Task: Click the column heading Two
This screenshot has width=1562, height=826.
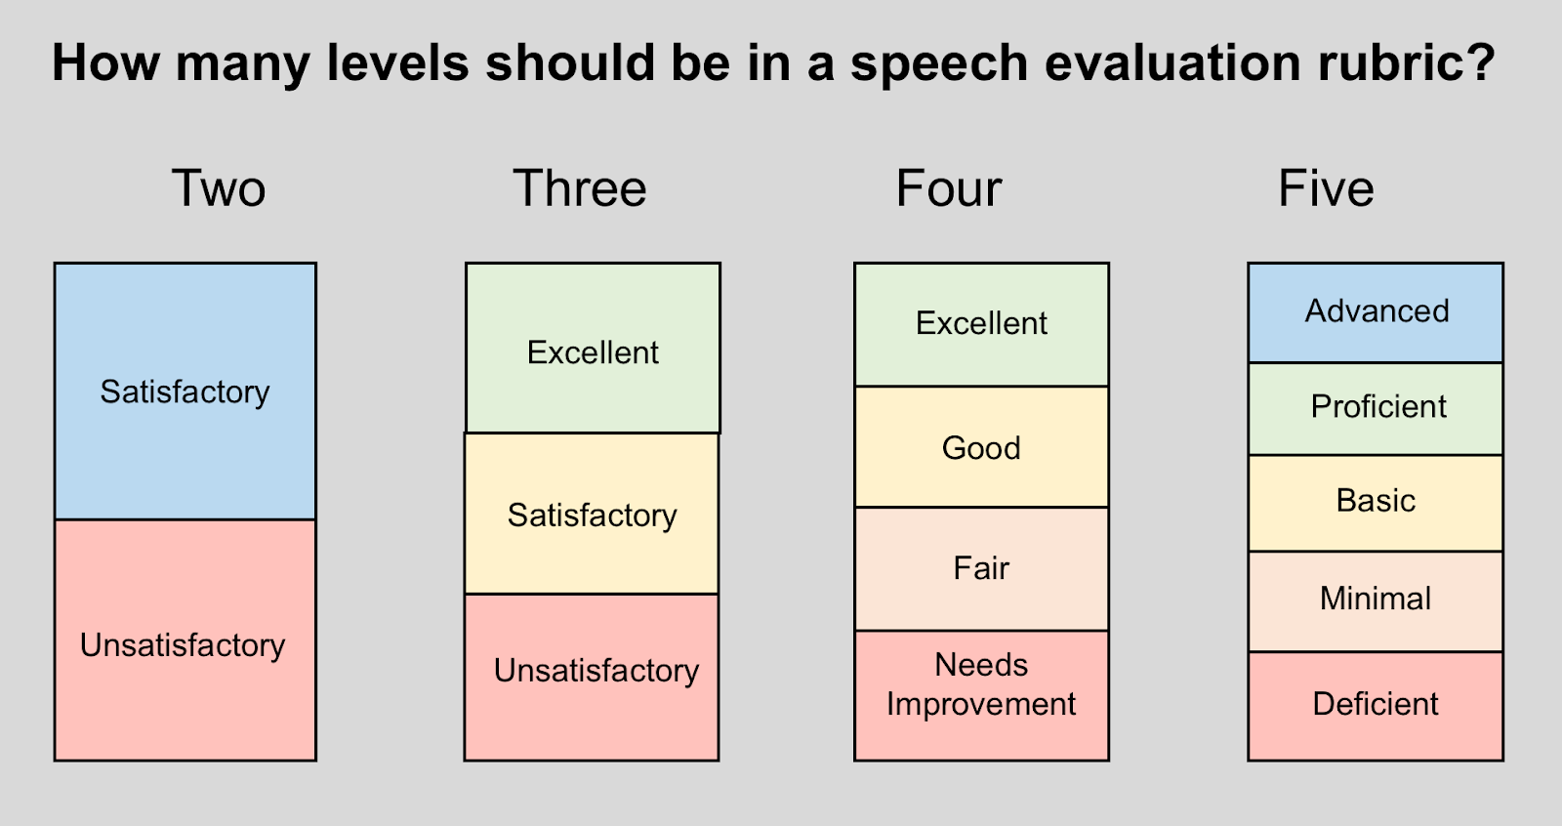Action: click(x=219, y=188)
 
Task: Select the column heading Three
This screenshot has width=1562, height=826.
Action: click(x=580, y=188)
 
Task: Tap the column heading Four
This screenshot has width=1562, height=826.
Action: click(x=949, y=188)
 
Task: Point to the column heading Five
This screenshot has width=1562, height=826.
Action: click(x=1326, y=188)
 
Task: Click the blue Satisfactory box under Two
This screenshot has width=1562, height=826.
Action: click(x=185, y=391)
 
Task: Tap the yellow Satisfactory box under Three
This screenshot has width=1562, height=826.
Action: click(x=592, y=514)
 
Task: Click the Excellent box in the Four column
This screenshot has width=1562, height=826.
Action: click(x=981, y=324)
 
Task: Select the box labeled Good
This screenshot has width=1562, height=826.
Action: click(x=981, y=447)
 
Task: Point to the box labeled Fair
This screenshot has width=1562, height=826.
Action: click(x=981, y=568)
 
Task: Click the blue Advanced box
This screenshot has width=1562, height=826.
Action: click(x=1376, y=312)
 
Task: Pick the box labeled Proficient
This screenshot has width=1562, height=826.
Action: click(x=1376, y=408)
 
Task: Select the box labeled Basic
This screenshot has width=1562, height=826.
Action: click(x=1376, y=502)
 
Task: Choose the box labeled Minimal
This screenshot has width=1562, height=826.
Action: click(x=1376, y=599)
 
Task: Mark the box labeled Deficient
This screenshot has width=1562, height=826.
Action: click(x=1376, y=705)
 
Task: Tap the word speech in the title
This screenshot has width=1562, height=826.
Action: click(x=939, y=65)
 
